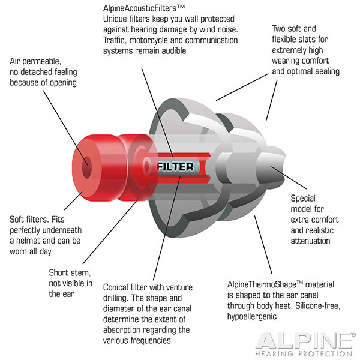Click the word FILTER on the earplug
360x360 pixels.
(x=175, y=166)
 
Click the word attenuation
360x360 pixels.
(x=310, y=241)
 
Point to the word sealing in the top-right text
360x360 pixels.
(x=327, y=71)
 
